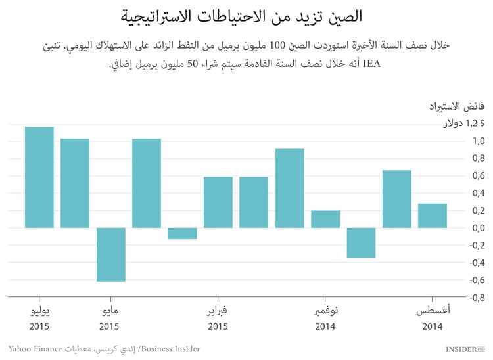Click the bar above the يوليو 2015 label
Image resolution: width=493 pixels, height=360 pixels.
39,177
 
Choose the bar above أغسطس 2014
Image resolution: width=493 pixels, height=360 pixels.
433,215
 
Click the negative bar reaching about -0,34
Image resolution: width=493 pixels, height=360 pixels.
361,242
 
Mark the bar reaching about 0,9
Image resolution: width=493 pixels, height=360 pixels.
289,188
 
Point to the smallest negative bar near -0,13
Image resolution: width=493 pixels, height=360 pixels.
182,233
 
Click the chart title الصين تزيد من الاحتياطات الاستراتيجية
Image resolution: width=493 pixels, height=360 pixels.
246,16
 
